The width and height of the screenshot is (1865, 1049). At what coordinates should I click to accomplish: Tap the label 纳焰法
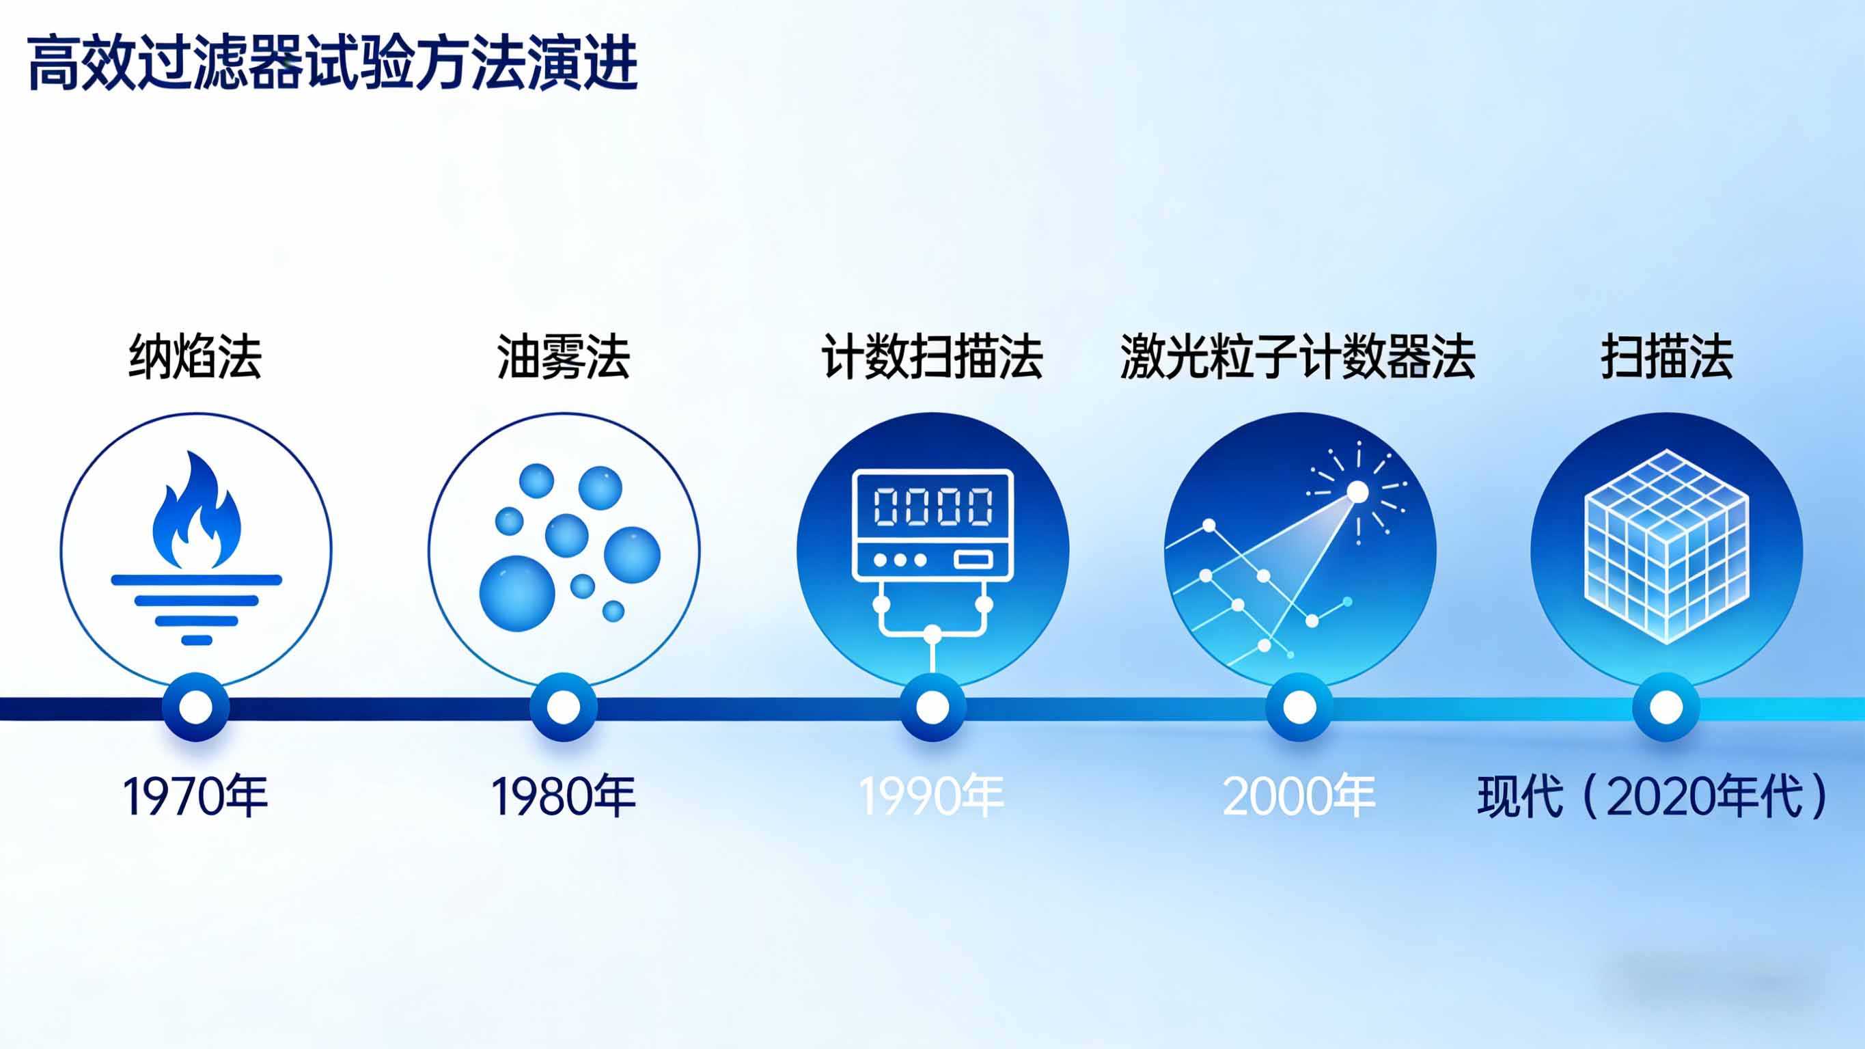(x=195, y=357)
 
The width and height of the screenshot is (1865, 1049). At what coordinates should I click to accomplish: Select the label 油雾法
(x=564, y=357)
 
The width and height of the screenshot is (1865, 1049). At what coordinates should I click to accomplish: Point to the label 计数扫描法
(x=932, y=357)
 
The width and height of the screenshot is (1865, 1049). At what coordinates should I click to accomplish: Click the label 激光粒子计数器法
(x=1297, y=357)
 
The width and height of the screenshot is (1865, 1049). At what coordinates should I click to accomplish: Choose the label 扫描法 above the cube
(x=1667, y=357)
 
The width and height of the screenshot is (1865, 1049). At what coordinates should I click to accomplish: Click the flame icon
(x=196, y=515)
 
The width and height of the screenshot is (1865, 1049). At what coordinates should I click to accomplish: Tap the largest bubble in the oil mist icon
(x=517, y=593)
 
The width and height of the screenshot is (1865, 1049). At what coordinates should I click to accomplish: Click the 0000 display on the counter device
(x=933, y=506)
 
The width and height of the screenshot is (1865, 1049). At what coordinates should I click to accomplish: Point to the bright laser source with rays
(x=1357, y=493)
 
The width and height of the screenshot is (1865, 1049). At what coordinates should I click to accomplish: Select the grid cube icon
(x=1667, y=547)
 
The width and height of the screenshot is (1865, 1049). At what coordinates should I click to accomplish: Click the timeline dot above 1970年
(x=195, y=707)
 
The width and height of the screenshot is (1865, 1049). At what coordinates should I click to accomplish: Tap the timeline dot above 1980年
(x=564, y=707)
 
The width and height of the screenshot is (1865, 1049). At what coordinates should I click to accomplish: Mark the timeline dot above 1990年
(x=932, y=707)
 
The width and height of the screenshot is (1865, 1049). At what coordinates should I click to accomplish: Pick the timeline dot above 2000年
(x=1299, y=707)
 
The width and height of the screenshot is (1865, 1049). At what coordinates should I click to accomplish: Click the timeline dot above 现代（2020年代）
(x=1666, y=707)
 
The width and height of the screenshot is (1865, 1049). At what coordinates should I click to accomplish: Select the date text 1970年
(x=195, y=796)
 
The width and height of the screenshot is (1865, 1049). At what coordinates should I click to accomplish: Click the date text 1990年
(x=932, y=796)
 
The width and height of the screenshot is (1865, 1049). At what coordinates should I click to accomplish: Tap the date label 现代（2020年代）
(x=1652, y=796)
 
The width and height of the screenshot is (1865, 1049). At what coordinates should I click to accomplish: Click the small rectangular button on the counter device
(x=973, y=560)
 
